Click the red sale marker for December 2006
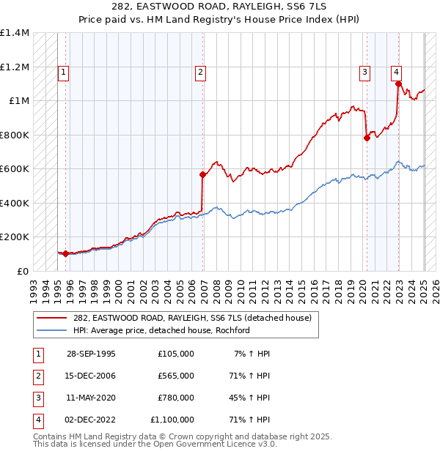(203, 174)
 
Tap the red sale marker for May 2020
(367, 138)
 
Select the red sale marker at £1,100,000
(398, 83)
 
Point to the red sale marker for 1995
(65, 253)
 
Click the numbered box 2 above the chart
(200, 72)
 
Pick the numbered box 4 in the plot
(396, 72)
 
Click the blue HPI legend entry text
(161, 330)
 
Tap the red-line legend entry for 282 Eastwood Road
(192, 318)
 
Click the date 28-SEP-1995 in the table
(91, 354)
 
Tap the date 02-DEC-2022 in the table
(91, 420)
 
